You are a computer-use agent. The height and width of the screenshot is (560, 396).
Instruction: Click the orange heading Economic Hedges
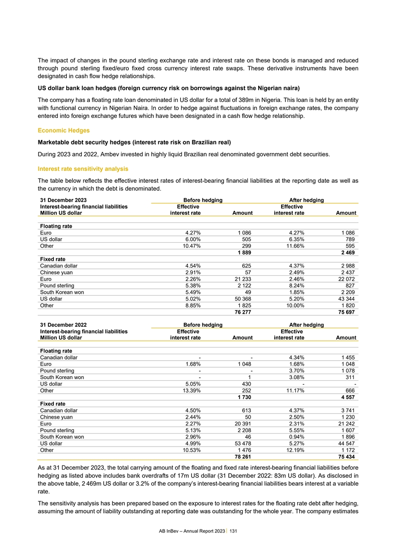click(63, 130)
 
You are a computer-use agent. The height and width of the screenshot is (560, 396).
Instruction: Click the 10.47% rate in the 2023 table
click(190, 246)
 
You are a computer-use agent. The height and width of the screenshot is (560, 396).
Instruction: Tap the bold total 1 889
click(244, 253)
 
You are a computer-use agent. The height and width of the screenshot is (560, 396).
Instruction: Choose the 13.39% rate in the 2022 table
click(190, 390)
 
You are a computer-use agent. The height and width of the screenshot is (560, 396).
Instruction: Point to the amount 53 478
click(243, 443)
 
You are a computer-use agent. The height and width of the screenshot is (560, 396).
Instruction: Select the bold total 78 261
click(242, 457)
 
